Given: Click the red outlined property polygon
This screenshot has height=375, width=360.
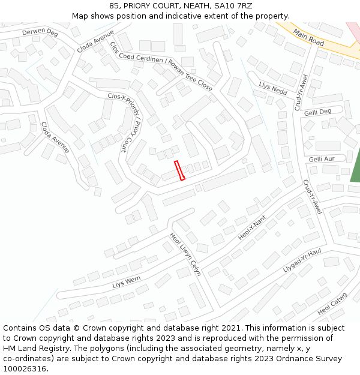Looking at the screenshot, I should point(179,170).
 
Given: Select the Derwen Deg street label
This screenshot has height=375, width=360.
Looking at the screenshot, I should point(40,32).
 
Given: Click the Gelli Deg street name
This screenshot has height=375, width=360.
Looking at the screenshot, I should point(317,112).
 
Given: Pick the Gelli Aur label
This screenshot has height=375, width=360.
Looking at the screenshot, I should point(322,159).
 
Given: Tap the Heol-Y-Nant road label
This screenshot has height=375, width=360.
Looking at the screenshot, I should point(252,227).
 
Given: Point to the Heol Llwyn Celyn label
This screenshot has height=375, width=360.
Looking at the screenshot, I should point(185,254).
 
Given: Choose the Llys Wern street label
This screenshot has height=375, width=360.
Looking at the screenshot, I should point(126,281).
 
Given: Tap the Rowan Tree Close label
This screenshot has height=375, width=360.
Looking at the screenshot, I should point(191,75).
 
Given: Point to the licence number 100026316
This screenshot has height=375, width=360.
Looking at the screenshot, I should point(24,368).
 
